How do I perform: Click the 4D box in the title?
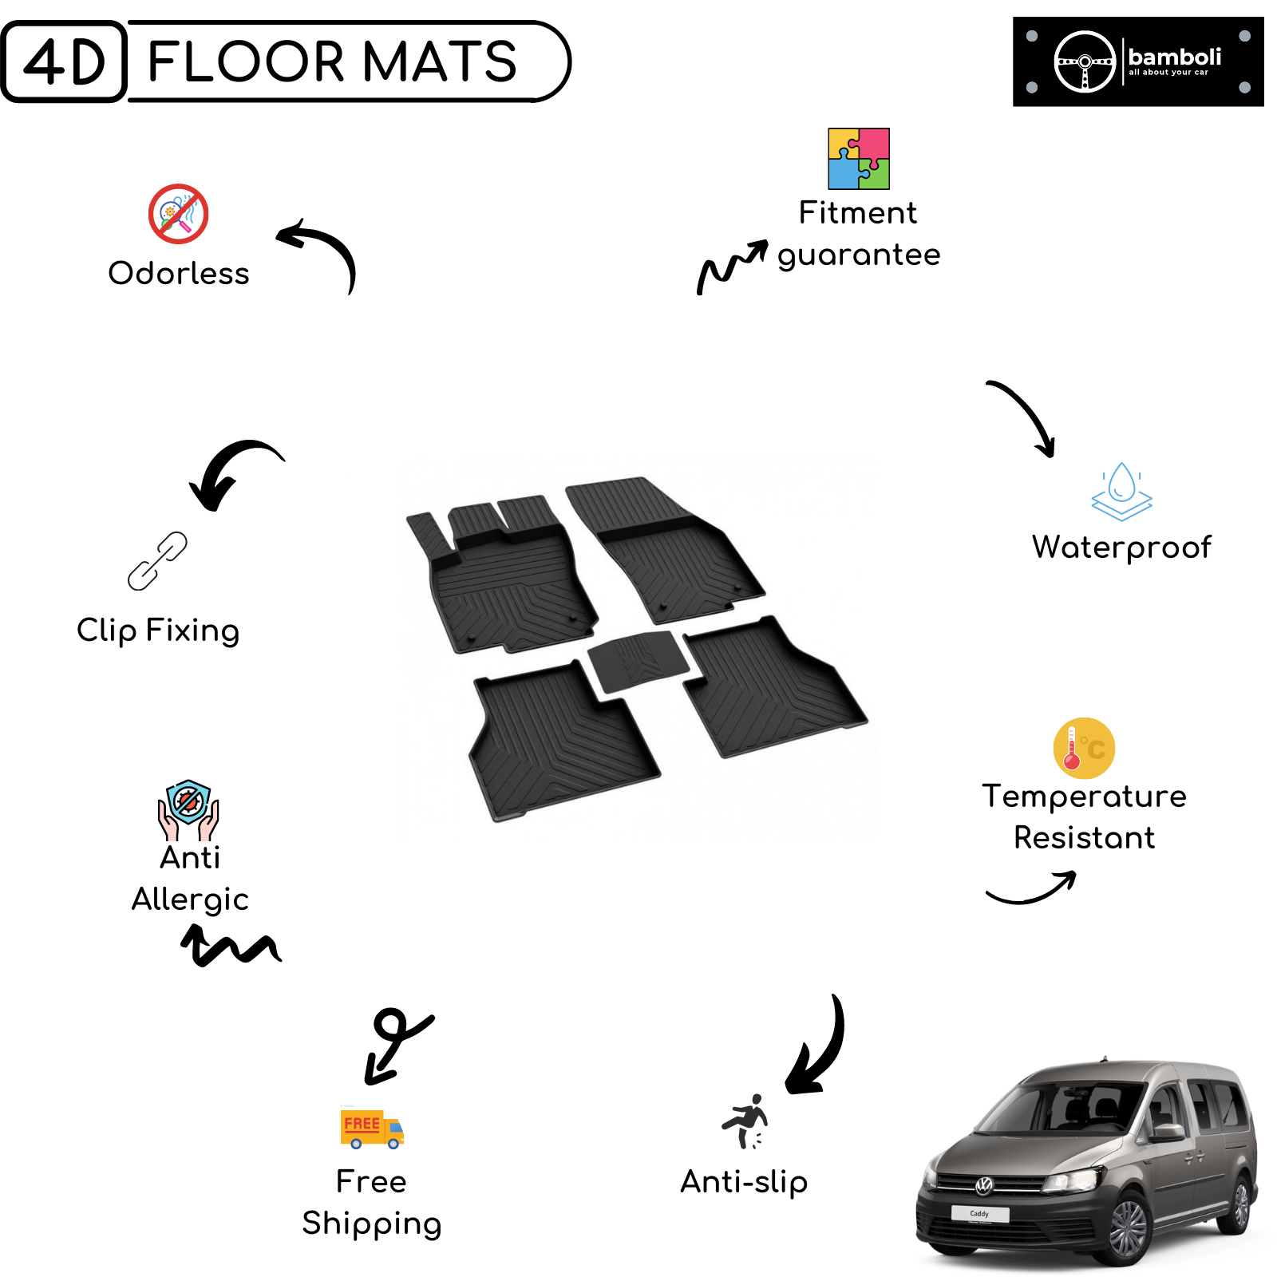point(64,61)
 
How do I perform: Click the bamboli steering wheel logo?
point(1085,61)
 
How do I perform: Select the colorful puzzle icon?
point(859,158)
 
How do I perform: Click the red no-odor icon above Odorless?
point(179,214)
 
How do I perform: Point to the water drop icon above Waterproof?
point(1122,492)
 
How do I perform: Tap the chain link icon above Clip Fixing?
point(158,561)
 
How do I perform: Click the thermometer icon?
point(1084,748)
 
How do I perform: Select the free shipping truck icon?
point(372,1129)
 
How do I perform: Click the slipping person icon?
point(745,1121)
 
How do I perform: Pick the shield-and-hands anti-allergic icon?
point(188,810)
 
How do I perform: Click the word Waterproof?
point(1121,548)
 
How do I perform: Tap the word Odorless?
point(179,273)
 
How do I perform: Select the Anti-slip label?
point(744,1182)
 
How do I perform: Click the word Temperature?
point(1085,797)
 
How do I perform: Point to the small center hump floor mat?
point(638,661)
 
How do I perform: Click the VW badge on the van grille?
point(985,1186)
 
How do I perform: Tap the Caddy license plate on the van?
point(980,1214)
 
